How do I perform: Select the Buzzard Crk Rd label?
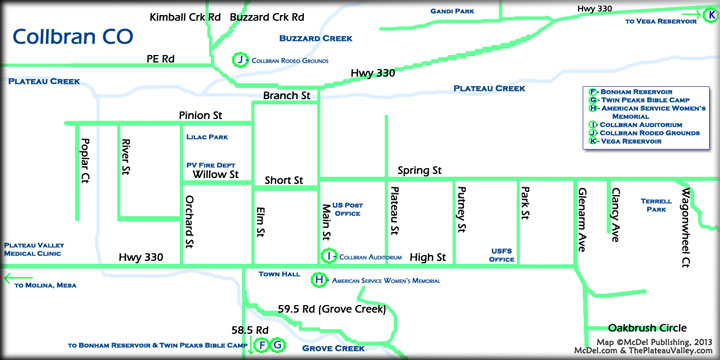pyautogui.click(x=267, y=18)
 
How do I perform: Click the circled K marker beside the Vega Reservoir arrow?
pyautogui.click(x=708, y=11)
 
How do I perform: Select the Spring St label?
pyautogui.click(x=419, y=170)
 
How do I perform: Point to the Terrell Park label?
pyautogui.click(x=656, y=205)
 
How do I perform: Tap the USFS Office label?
pyautogui.click(x=501, y=256)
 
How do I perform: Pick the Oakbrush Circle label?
pyautogui.click(x=646, y=326)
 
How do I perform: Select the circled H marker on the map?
pyautogui.click(x=319, y=280)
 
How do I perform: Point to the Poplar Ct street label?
pyautogui.click(x=85, y=164)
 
